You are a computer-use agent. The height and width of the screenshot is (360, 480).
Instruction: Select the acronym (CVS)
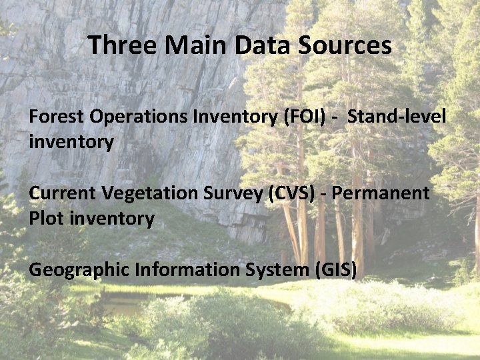[293, 193]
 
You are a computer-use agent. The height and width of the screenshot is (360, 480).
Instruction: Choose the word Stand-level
[397, 117]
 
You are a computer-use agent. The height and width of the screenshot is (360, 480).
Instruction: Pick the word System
[274, 271]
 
